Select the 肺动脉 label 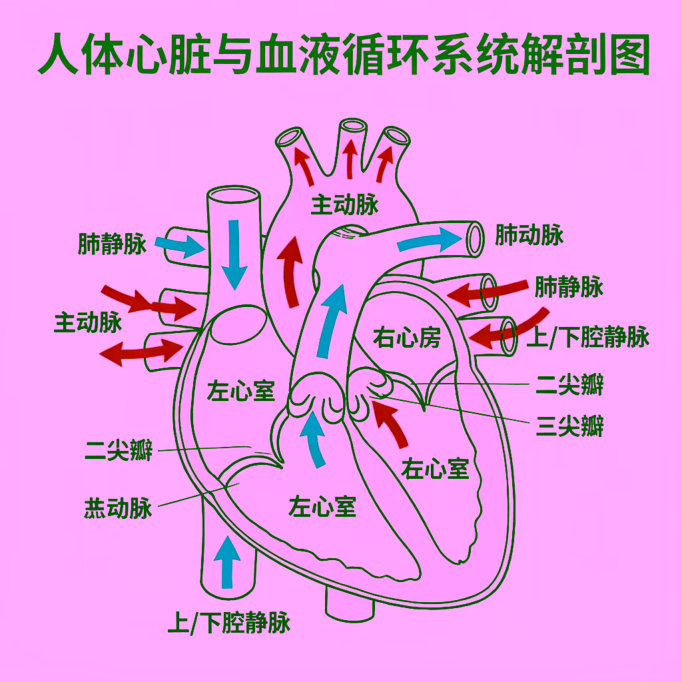pyautogui.click(x=529, y=235)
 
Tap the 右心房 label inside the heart pyautogui.click(x=407, y=338)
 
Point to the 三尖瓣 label pyautogui.click(x=569, y=426)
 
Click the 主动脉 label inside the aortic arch pyautogui.click(x=344, y=204)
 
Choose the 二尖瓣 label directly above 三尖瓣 pyautogui.click(x=569, y=385)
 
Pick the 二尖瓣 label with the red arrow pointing pyautogui.click(x=119, y=450)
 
